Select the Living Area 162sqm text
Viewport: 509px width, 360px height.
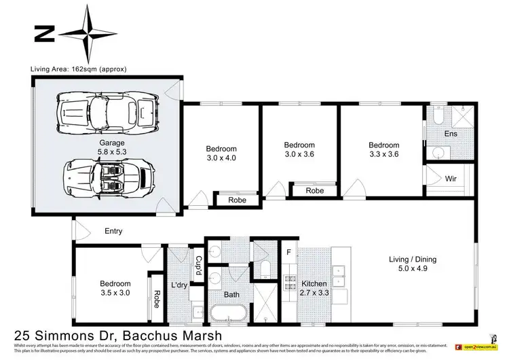pos(79,69)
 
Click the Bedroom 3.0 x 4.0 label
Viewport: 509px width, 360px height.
pos(221,154)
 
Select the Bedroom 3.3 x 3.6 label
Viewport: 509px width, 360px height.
pos(383,149)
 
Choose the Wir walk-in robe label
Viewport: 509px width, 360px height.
pos(451,179)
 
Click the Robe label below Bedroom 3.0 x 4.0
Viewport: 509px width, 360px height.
pos(236,200)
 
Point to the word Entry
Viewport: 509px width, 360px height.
pos(113,232)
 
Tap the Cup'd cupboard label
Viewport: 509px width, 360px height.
pos(198,264)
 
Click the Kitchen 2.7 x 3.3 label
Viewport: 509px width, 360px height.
pos(315,288)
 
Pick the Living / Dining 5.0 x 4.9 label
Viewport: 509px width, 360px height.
pos(412,264)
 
